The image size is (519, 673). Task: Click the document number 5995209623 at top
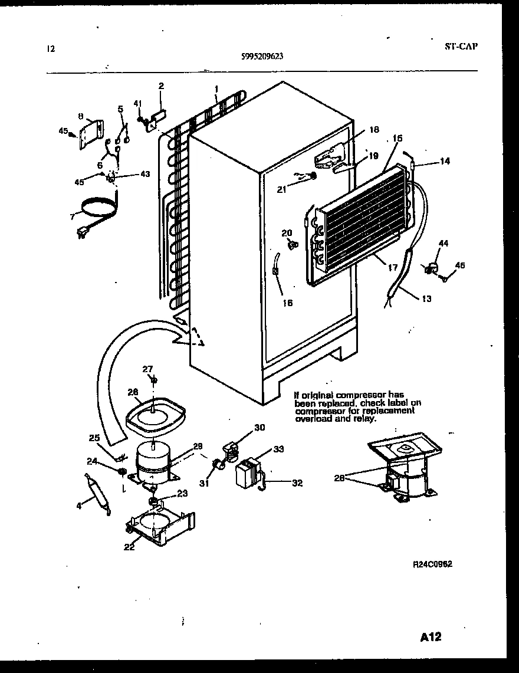click(262, 57)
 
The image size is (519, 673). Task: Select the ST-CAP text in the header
click(460, 45)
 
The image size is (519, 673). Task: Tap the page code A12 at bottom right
click(431, 638)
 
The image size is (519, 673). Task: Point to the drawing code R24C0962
click(432, 564)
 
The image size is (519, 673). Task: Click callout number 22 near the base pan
click(129, 547)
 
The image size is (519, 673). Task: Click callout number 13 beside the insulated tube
click(426, 299)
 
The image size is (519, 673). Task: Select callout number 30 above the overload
click(259, 428)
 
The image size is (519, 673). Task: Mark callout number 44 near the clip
click(443, 244)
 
